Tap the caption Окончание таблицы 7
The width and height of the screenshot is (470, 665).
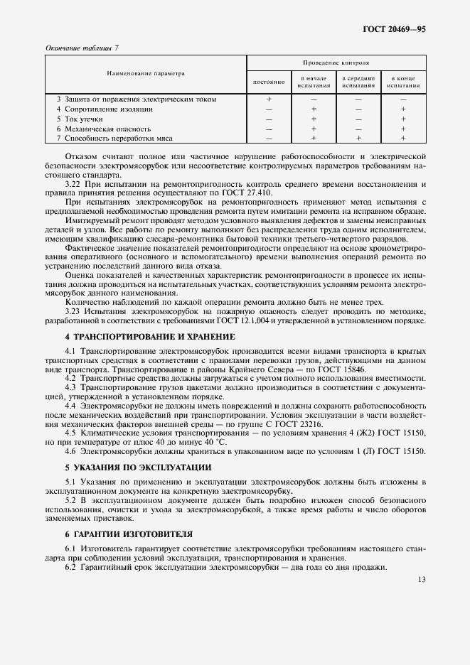82,48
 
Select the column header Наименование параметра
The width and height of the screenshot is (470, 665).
146,73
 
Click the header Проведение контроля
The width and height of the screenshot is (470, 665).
336,63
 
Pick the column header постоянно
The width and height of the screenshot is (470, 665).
269,82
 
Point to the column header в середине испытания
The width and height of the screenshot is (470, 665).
358,82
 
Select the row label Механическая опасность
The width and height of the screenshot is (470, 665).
107,129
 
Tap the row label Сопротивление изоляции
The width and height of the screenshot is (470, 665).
108,109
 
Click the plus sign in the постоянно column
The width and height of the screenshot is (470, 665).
269,99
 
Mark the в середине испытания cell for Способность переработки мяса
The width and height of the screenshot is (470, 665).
358,138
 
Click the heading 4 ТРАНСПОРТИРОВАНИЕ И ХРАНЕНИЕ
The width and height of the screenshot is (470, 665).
149,335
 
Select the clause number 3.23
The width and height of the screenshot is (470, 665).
74,311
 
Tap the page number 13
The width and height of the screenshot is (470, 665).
422,579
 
